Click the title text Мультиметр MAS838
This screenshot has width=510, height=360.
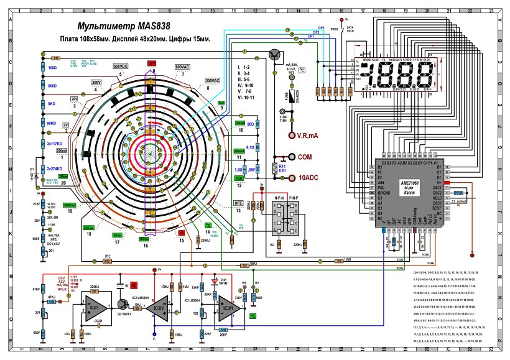pos(122,27)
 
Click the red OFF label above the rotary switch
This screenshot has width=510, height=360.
pos(152,63)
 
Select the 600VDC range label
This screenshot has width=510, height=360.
pos(121,65)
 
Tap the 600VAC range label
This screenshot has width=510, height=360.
pos(182,66)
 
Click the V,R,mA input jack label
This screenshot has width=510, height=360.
pos(305,136)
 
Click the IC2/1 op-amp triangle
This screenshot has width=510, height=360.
pos(95,310)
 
